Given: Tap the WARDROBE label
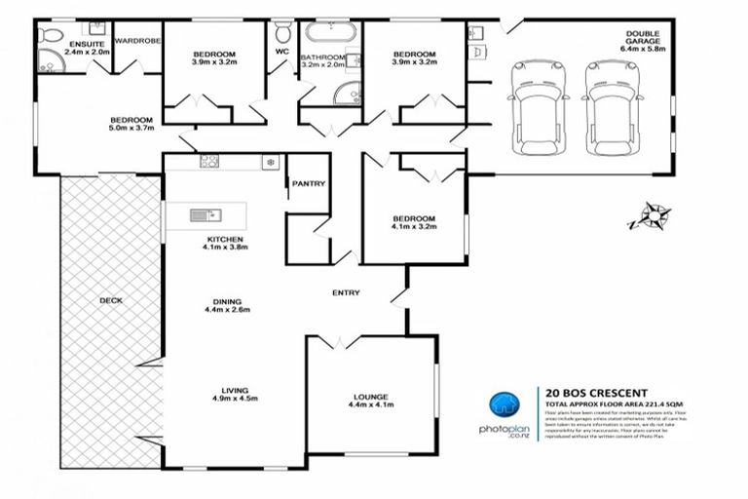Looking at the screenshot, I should click(136, 42).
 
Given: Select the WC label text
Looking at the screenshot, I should click(282, 51).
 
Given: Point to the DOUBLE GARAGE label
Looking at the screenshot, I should click(646, 42).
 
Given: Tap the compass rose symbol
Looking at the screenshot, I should click(649, 213).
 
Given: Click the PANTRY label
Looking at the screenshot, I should click(308, 184).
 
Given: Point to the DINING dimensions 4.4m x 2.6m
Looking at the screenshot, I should click(227, 310).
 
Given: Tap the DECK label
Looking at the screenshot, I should click(110, 301).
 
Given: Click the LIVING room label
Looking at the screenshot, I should click(229, 388).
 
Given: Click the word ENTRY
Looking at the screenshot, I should click(346, 292).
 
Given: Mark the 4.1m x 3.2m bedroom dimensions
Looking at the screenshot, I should click(414, 226).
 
